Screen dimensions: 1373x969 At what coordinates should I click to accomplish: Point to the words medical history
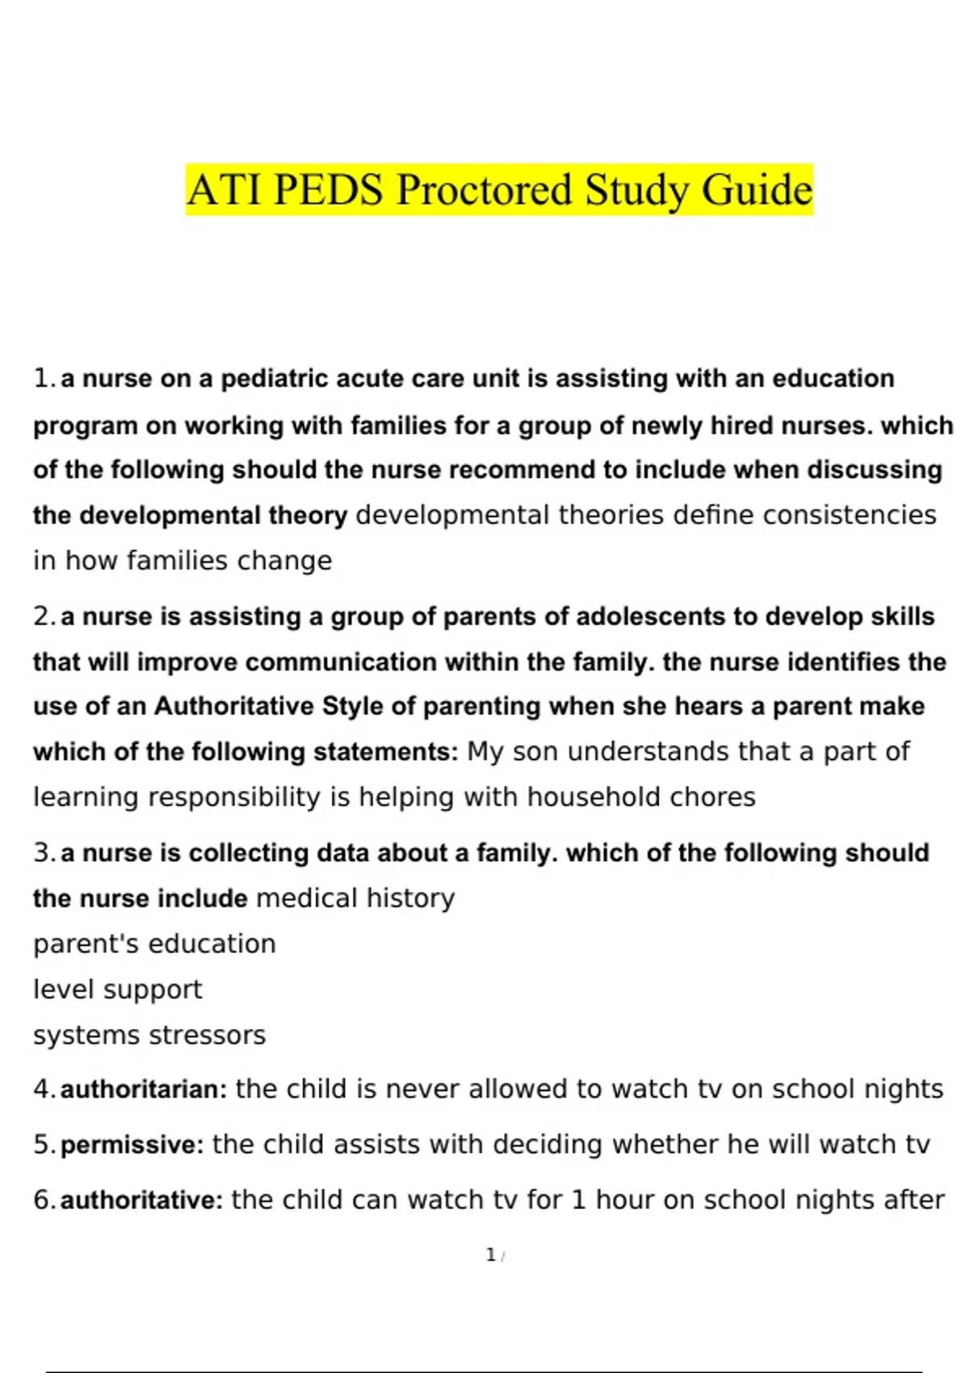[354, 898]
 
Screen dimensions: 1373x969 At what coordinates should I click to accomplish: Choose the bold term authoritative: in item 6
[141, 1201]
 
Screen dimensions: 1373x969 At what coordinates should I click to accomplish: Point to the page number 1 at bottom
[490, 1255]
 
